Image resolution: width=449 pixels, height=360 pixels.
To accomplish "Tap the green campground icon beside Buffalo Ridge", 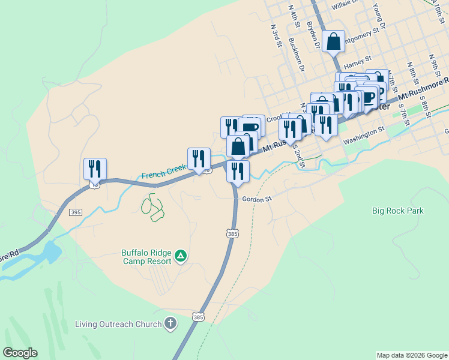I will click(181, 257).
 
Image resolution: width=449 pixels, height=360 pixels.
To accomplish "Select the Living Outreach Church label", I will click(118, 325).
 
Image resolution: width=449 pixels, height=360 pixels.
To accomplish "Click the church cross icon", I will click(171, 325).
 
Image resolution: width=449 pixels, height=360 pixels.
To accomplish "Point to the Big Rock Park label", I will click(397, 211).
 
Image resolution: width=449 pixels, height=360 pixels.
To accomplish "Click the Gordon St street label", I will click(257, 199).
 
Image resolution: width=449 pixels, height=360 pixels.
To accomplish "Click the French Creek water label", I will click(163, 174).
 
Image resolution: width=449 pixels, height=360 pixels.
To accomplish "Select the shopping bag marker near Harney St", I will click(334, 42).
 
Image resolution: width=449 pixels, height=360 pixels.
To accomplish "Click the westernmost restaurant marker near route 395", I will click(95, 169).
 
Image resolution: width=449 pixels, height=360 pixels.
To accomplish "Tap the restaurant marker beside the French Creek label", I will click(199, 159).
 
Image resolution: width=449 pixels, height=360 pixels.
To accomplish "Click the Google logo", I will click(20, 353).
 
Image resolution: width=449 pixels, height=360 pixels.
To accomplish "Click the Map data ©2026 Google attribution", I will click(411, 355).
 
